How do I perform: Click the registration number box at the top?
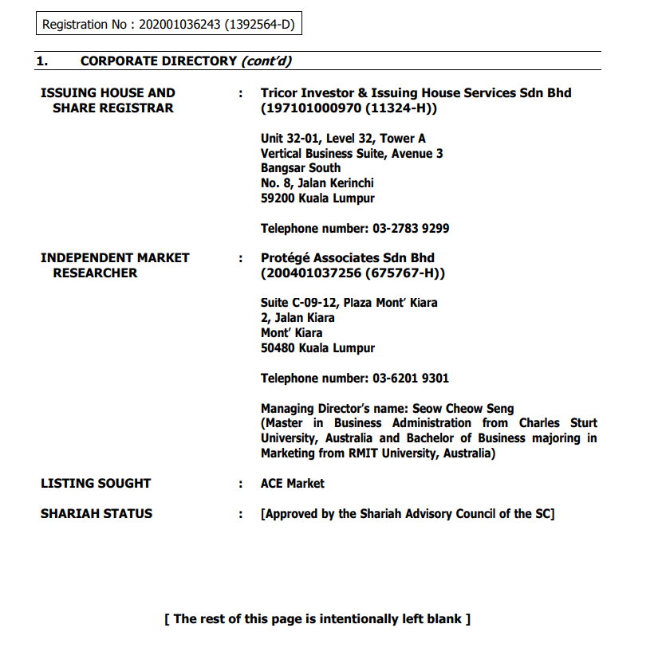(168, 25)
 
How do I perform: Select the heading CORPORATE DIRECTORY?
(158, 61)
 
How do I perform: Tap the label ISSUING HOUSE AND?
(108, 93)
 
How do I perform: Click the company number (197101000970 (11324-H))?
(349, 108)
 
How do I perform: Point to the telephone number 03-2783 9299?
(411, 229)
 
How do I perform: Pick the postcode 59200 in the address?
(277, 198)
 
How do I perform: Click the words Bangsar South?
(301, 168)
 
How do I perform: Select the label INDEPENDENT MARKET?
(115, 258)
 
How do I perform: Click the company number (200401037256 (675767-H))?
(353, 273)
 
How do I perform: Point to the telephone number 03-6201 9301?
(411, 379)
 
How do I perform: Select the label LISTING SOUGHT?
(96, 484)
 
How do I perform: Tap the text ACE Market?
(293, 484)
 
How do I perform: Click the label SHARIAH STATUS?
(97, 514)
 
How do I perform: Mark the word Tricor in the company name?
(281, 93)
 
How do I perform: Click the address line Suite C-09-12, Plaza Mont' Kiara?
(349, 303)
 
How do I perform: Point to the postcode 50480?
(277, 348)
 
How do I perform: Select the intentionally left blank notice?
(317, 619)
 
